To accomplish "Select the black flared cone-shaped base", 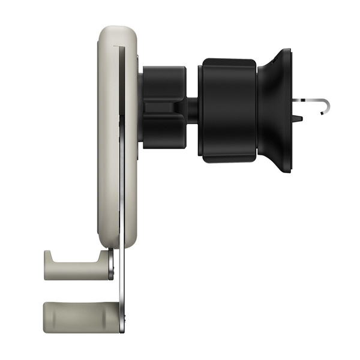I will coord(277,111).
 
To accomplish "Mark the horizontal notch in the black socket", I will coord(162,109).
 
